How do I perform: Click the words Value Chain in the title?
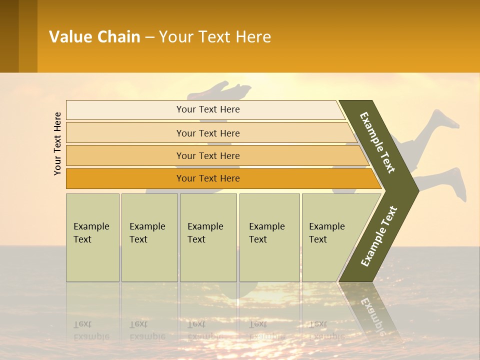click(94, 37)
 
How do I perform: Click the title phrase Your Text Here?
click(215, 37)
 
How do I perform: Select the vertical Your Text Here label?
click(57, 143)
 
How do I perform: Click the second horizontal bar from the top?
click(208, 133)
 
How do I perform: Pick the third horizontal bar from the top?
click(208, 155)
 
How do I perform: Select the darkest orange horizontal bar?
click(208, 178)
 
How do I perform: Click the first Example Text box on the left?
click(92, 237)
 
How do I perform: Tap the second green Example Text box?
click(149, 237)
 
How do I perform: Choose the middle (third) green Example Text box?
click(208, 237)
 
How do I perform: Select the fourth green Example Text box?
click(269, 237)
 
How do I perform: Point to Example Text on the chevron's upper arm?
click(378, 143)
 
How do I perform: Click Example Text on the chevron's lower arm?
click(379, 236)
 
